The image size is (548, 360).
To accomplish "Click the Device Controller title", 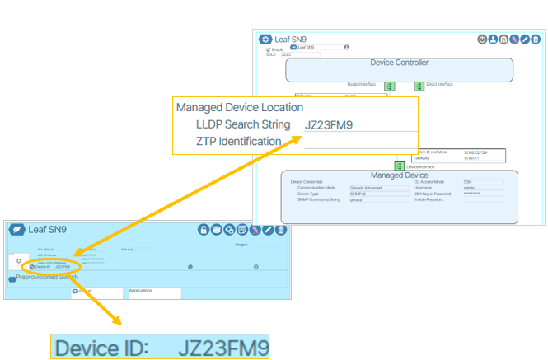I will coord(400,63).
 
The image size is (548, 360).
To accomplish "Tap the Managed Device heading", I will coord(399,175).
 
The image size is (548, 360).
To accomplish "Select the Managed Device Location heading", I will coord(240,107).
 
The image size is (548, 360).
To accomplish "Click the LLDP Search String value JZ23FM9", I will coord(329,125).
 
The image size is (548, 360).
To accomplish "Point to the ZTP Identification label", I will coord(238,141).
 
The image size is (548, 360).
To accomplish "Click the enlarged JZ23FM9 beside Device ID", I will coord(223,346).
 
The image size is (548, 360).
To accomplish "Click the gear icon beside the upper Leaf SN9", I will coord(265,39).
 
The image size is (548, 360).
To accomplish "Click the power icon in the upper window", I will coord(482,39).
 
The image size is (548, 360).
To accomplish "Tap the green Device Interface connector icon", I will coord(399,165).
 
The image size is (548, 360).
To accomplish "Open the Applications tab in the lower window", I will coord(141,291).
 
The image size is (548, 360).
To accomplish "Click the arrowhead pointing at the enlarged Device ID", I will coord(115,324).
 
